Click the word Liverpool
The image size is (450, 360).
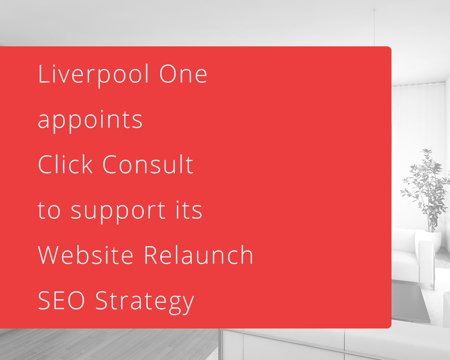point(94,75)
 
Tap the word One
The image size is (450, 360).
point(183,74)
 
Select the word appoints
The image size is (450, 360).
point(90,121)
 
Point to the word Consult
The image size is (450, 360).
point(148,164)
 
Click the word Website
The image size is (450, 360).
point(85,255)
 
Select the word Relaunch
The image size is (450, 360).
point(198,255)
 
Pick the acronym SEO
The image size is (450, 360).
point(61,300)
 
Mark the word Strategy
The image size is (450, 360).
point(144,302)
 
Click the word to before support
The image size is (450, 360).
point(49,211)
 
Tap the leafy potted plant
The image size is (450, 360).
point(426,189)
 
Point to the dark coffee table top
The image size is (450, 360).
point(410,301)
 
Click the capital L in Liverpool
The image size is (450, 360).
point(43,74)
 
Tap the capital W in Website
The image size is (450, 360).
point(51,255)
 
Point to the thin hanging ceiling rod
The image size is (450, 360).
point(374,27)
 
